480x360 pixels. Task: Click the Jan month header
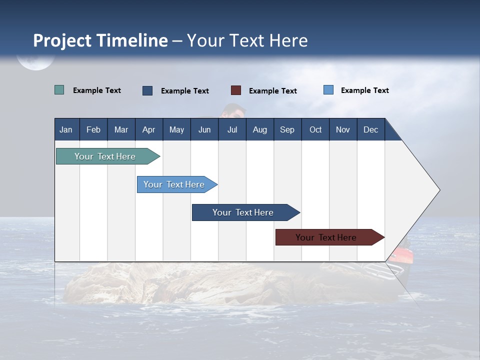pos(66,129)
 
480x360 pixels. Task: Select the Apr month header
pos(148,129)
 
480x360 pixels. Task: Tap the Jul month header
pos(232,129)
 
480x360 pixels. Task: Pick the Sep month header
pos(287,129)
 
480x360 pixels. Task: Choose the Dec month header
pos(370,129)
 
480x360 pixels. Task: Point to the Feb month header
pos(93,129)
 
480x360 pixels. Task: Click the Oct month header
pos(315,129)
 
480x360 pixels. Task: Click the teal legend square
pos(59,90)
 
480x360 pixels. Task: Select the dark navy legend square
pos(147,90)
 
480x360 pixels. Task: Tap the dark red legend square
pos(236,90)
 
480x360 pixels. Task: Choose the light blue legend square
pos(328,90)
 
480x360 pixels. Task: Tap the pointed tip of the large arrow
pos(438,190)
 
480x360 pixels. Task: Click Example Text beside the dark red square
pos(272,91)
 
